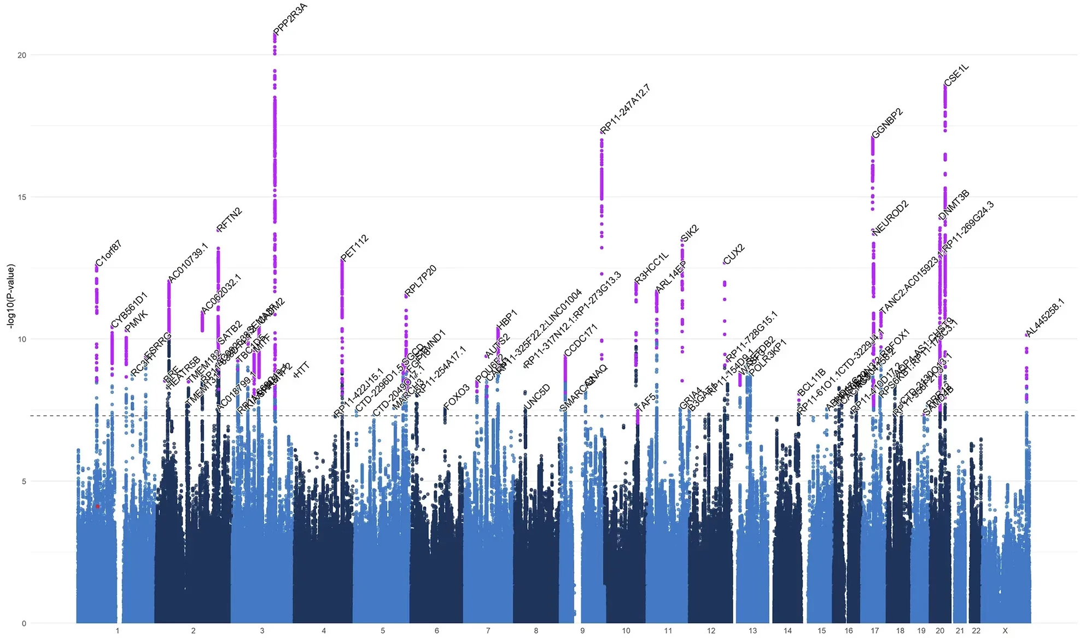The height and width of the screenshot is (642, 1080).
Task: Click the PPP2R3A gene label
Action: coord(291,19)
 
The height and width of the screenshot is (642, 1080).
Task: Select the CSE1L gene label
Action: coord(956,75)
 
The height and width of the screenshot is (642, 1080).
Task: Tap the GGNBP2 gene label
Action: coord(887,124)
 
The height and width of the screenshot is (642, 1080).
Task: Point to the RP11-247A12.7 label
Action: coord(625,109)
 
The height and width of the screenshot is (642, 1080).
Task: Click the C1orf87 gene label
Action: coord(108,253)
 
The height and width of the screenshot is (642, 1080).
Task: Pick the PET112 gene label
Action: coord(354,248)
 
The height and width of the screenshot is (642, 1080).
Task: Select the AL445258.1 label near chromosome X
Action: coord(1045,318)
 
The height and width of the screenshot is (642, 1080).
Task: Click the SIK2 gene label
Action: coord(690,233)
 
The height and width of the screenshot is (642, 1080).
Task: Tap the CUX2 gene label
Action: coord(734,254)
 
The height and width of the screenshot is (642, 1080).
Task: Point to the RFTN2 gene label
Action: coord(229,220)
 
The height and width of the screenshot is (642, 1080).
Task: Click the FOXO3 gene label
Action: coord(457,397)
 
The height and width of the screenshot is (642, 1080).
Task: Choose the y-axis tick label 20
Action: coord(22,55)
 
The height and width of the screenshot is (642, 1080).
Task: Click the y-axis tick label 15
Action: coord(22,197)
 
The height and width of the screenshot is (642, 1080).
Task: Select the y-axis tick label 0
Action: coord(24,623)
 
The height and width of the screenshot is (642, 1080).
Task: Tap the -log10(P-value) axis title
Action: coord(11,296)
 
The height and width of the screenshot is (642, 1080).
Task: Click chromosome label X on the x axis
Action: coord(1005,631)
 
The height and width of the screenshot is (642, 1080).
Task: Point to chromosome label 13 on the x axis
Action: coord(752,631)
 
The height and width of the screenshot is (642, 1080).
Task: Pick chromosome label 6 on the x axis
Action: coord(436,631)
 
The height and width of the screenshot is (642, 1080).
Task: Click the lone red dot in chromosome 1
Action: coord(97,506)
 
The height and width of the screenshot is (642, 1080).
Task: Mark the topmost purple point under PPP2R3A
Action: coord(275,34)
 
